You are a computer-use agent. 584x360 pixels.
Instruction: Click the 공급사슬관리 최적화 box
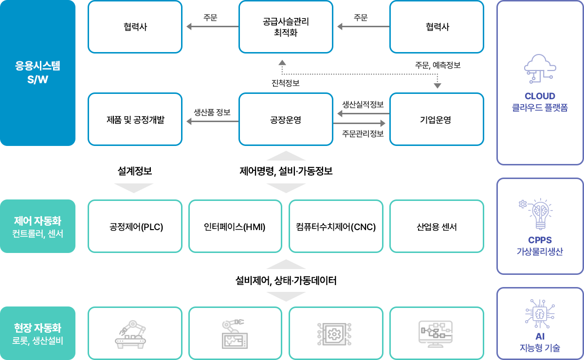(x=286, y=27)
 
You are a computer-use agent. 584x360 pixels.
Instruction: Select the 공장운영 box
(x=286, y=119)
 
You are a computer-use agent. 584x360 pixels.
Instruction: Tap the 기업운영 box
(x=437, y=119)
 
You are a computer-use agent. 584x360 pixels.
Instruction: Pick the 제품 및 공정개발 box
(x=135, y=119)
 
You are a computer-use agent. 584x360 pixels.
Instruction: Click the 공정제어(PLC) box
(x=135, y=226)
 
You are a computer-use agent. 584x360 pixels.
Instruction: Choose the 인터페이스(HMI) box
(x=235, y=226)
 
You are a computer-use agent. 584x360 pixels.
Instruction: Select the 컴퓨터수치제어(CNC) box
(x=336, y=226)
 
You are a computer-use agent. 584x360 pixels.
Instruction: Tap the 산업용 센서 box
(x=437, y=226)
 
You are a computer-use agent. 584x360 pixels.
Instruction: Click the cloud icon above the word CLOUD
(x=540, y=69)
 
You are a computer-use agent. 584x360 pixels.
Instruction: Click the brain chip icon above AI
(x=540, y=314)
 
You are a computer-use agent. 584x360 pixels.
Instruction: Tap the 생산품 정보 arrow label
(x=212, y=112)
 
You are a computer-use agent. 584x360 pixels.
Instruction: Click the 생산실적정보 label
(x=363, y=105)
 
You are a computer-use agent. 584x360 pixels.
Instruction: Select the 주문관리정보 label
(x=363, y=134)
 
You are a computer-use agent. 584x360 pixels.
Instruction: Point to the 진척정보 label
(x=286, y=83)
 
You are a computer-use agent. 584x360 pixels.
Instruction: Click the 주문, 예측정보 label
(x=438, y=65)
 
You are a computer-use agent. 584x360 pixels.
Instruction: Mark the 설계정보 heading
(x=134, y=171)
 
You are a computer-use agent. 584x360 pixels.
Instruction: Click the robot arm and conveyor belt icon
(x=130, y=334)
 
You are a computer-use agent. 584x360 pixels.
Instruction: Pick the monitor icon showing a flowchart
(x=436, y=334)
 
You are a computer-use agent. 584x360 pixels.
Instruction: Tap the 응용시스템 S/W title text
(x=37, y=72)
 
